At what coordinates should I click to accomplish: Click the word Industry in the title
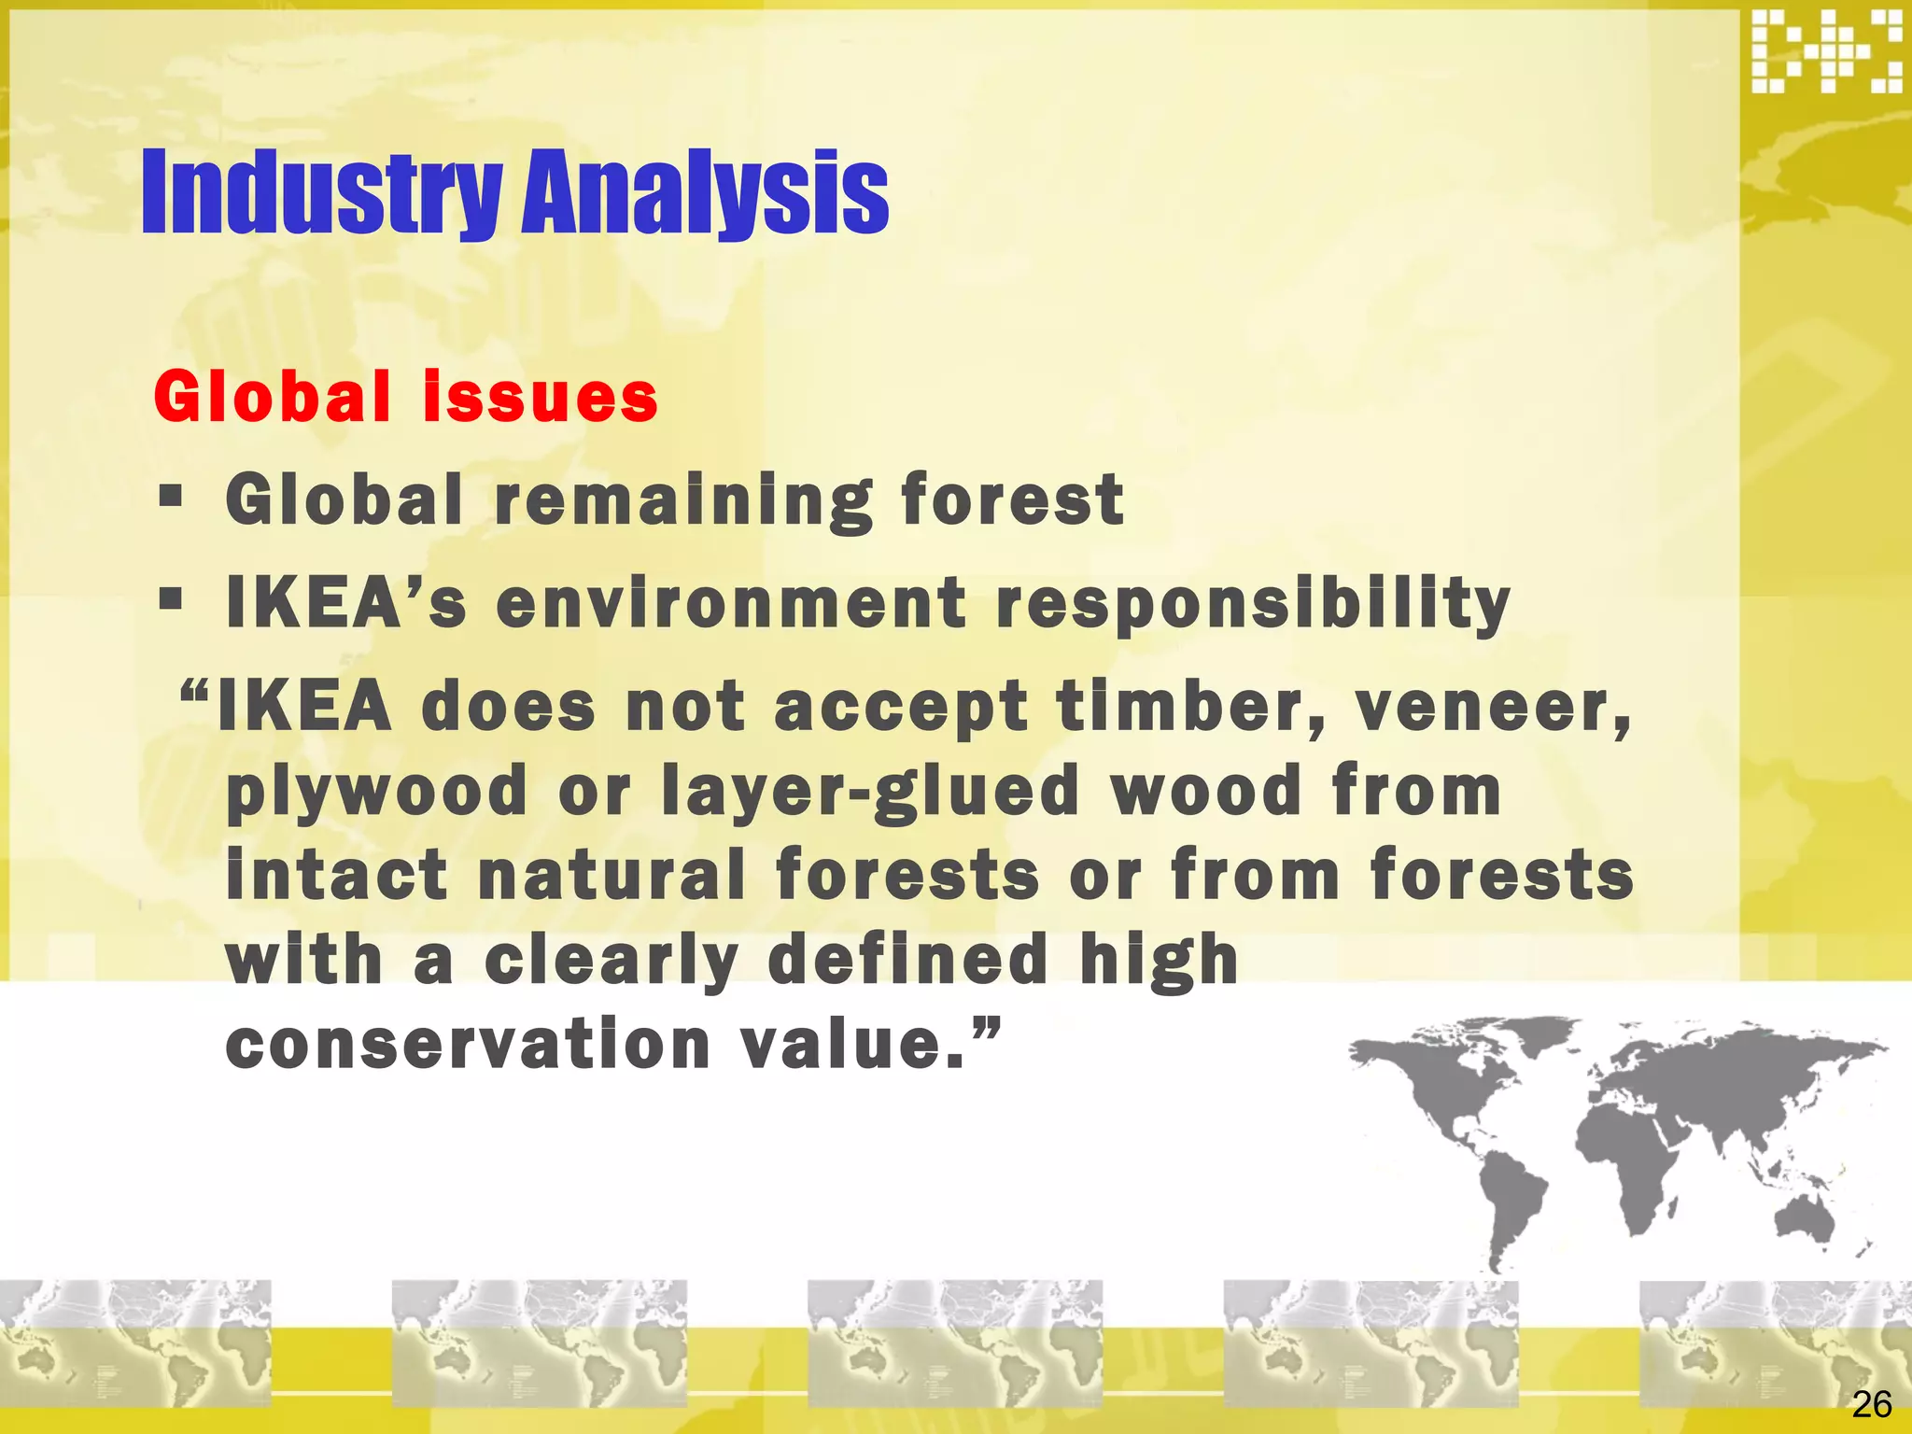tap(321, 194)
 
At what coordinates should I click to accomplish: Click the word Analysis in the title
tap(705, 194)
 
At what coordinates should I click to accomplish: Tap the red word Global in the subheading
tap(272, 398)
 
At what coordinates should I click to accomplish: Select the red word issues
tap(541, 398)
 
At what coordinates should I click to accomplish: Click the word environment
tap(731, 604)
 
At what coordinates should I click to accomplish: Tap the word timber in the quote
tap(1189, 707)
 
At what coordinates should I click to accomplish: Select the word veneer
tap(1492, 707)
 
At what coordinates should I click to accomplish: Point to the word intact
tap(337, 876)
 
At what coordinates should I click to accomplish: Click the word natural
tap(612, 876)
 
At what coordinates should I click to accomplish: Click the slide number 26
tap(1871, 1404)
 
